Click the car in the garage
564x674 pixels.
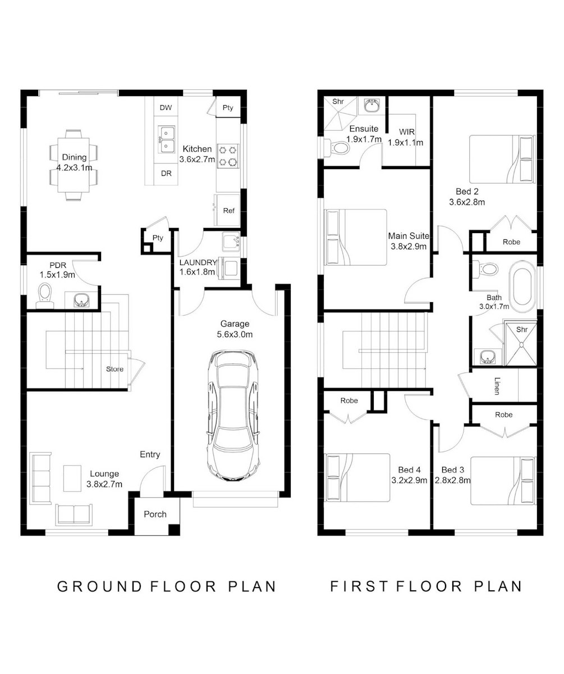(233, 416)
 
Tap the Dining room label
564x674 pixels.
(74, 157)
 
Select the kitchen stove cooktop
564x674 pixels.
(228, 156)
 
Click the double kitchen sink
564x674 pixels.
(167, 139)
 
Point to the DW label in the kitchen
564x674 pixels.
(166, 107)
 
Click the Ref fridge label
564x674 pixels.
(228, 211)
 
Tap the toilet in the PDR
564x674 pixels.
(44, 295)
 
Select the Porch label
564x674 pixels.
(155, 514)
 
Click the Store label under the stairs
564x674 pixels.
(114, 369)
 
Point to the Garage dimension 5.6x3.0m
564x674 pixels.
(235, 334)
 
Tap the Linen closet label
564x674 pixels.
(497, 386)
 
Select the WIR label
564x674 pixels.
(407, 131)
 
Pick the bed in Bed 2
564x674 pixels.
(502, 160)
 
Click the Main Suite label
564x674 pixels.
(409, 236)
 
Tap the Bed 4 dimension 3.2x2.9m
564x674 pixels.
(409, 480)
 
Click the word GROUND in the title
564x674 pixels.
(99, 586)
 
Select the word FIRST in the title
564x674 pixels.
(359, 586)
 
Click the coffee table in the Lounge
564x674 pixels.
(72, 479)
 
